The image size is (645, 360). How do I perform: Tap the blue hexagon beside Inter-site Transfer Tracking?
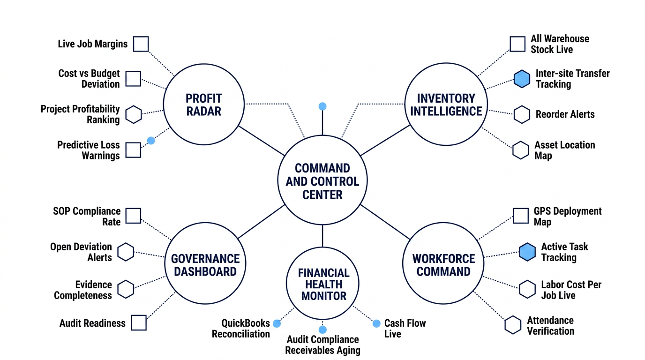pos(522,79)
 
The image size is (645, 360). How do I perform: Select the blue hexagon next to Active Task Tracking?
pos(527,252)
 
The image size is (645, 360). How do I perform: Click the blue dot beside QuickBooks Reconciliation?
pos(277,323)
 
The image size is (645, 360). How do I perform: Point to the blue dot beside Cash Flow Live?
pos(376,323)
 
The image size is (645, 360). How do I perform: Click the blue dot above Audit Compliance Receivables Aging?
pos(322,330)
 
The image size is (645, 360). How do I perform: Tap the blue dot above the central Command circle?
pos(322,106)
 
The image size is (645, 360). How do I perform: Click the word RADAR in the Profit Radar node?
pos(203,111)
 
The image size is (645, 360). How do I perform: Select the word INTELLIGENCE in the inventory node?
pos(446,111)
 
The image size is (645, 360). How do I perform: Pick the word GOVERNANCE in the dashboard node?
pos(205,259)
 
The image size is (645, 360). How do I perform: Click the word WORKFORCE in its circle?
pos(444,259)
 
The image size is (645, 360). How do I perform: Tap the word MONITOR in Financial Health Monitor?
pos(323,296)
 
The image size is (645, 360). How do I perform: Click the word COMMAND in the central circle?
pos(322,168)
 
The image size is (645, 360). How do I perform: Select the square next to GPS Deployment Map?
pos(521,216)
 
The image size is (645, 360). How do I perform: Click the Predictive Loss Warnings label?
pos(89,150)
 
